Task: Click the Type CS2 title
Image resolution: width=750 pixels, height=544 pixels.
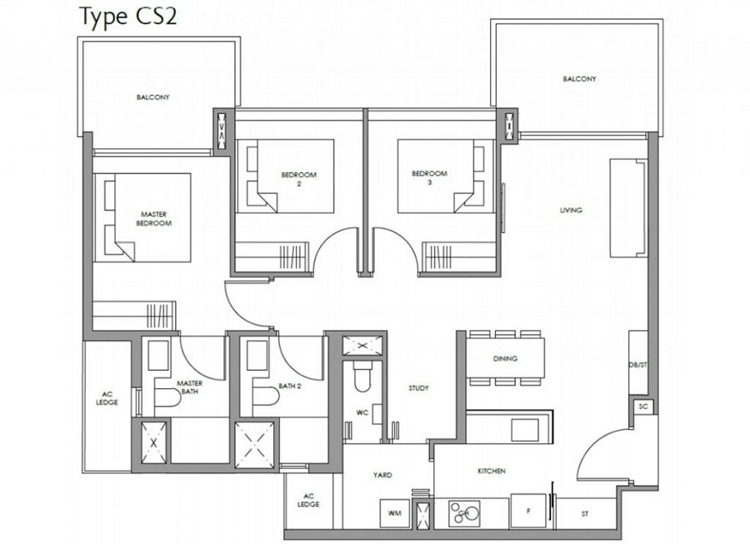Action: [127, 17]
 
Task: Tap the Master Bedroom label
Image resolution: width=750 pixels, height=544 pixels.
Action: [153, 218]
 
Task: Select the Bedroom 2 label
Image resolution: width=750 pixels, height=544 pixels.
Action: [299, 179]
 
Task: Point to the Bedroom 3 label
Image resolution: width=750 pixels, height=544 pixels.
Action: [429, 177]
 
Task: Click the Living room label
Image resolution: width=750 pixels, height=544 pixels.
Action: [571, 210]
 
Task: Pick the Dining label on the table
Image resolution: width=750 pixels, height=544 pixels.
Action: [505, 358]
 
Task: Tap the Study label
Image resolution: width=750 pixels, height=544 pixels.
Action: [418, 388]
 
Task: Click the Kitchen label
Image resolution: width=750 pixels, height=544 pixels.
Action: [492, 471]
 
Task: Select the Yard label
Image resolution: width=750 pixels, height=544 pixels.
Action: [382, 475]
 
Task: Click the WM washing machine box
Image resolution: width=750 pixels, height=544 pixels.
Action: [395, 513]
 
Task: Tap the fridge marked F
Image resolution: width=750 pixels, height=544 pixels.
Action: [528, 511]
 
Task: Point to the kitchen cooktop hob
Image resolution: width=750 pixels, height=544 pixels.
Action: [464, 513]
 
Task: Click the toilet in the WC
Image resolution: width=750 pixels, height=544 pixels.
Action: [362, 376]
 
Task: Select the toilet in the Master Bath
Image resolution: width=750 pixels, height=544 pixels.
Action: [167, 397]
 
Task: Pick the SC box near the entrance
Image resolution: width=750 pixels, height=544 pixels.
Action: [643, 407]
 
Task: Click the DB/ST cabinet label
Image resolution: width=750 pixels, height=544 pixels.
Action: [637, 365]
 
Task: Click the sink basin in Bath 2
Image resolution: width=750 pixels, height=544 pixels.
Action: [257, 355]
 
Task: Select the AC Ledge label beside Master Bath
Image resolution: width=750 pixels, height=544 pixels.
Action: [107, 398]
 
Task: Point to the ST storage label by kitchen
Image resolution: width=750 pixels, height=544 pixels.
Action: [585, 514]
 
